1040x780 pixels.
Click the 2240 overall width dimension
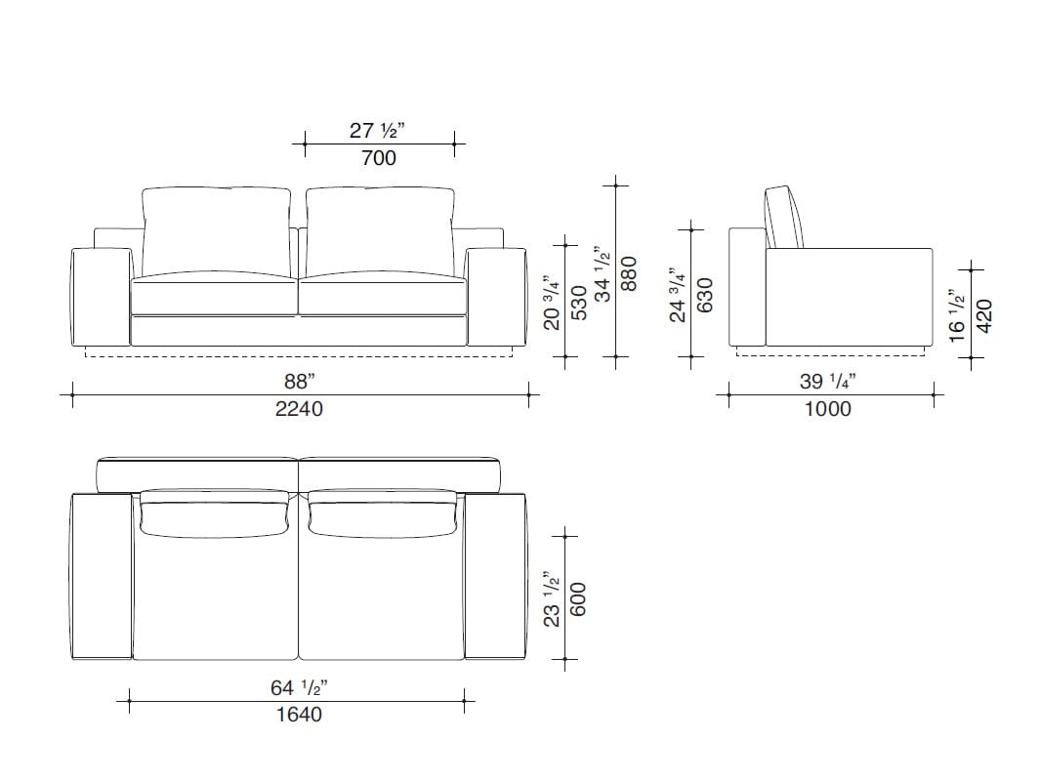tap(299, 409)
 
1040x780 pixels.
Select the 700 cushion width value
tap(379, 158)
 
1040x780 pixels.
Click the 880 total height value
tap(629, 273)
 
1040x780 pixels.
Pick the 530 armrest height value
tap(579, 302)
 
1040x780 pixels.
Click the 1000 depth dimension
tap(827, 409)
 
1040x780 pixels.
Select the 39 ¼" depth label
tap(827, 382)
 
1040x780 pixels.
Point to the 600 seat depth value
tap(579, 597)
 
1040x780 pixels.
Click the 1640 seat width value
tap(299, 715)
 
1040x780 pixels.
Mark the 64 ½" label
tap(299, 688)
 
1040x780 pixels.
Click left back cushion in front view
tap(216, 230)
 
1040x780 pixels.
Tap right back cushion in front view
tap(381, 230)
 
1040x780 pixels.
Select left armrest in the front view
tap(102, 297)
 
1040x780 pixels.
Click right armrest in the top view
tap(495, 576)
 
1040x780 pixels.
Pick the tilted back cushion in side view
tap(784, 217)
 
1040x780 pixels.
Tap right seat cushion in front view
tap(382, 294)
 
